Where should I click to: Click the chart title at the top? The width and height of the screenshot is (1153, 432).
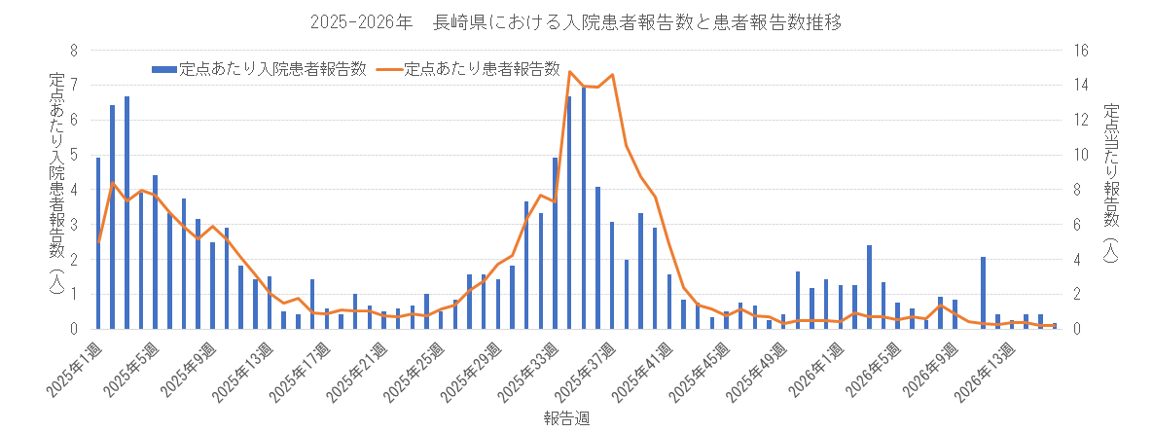point(576,21)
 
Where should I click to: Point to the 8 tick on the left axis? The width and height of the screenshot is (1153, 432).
point(74,51)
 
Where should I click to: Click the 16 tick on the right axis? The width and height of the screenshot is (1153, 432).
point(1080,51)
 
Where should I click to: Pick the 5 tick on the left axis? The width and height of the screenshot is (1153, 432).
point(74,155)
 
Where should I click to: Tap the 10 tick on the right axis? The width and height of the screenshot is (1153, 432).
point(1080,155)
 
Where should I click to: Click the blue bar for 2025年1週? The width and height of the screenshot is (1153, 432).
point(98,243)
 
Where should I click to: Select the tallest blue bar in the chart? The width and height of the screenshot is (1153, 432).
point(584,208)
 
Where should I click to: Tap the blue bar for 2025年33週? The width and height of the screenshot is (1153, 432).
point(555,243)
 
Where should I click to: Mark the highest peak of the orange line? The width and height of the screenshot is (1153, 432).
point(569,71)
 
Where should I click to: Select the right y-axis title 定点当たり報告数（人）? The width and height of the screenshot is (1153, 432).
point(1112,185)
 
